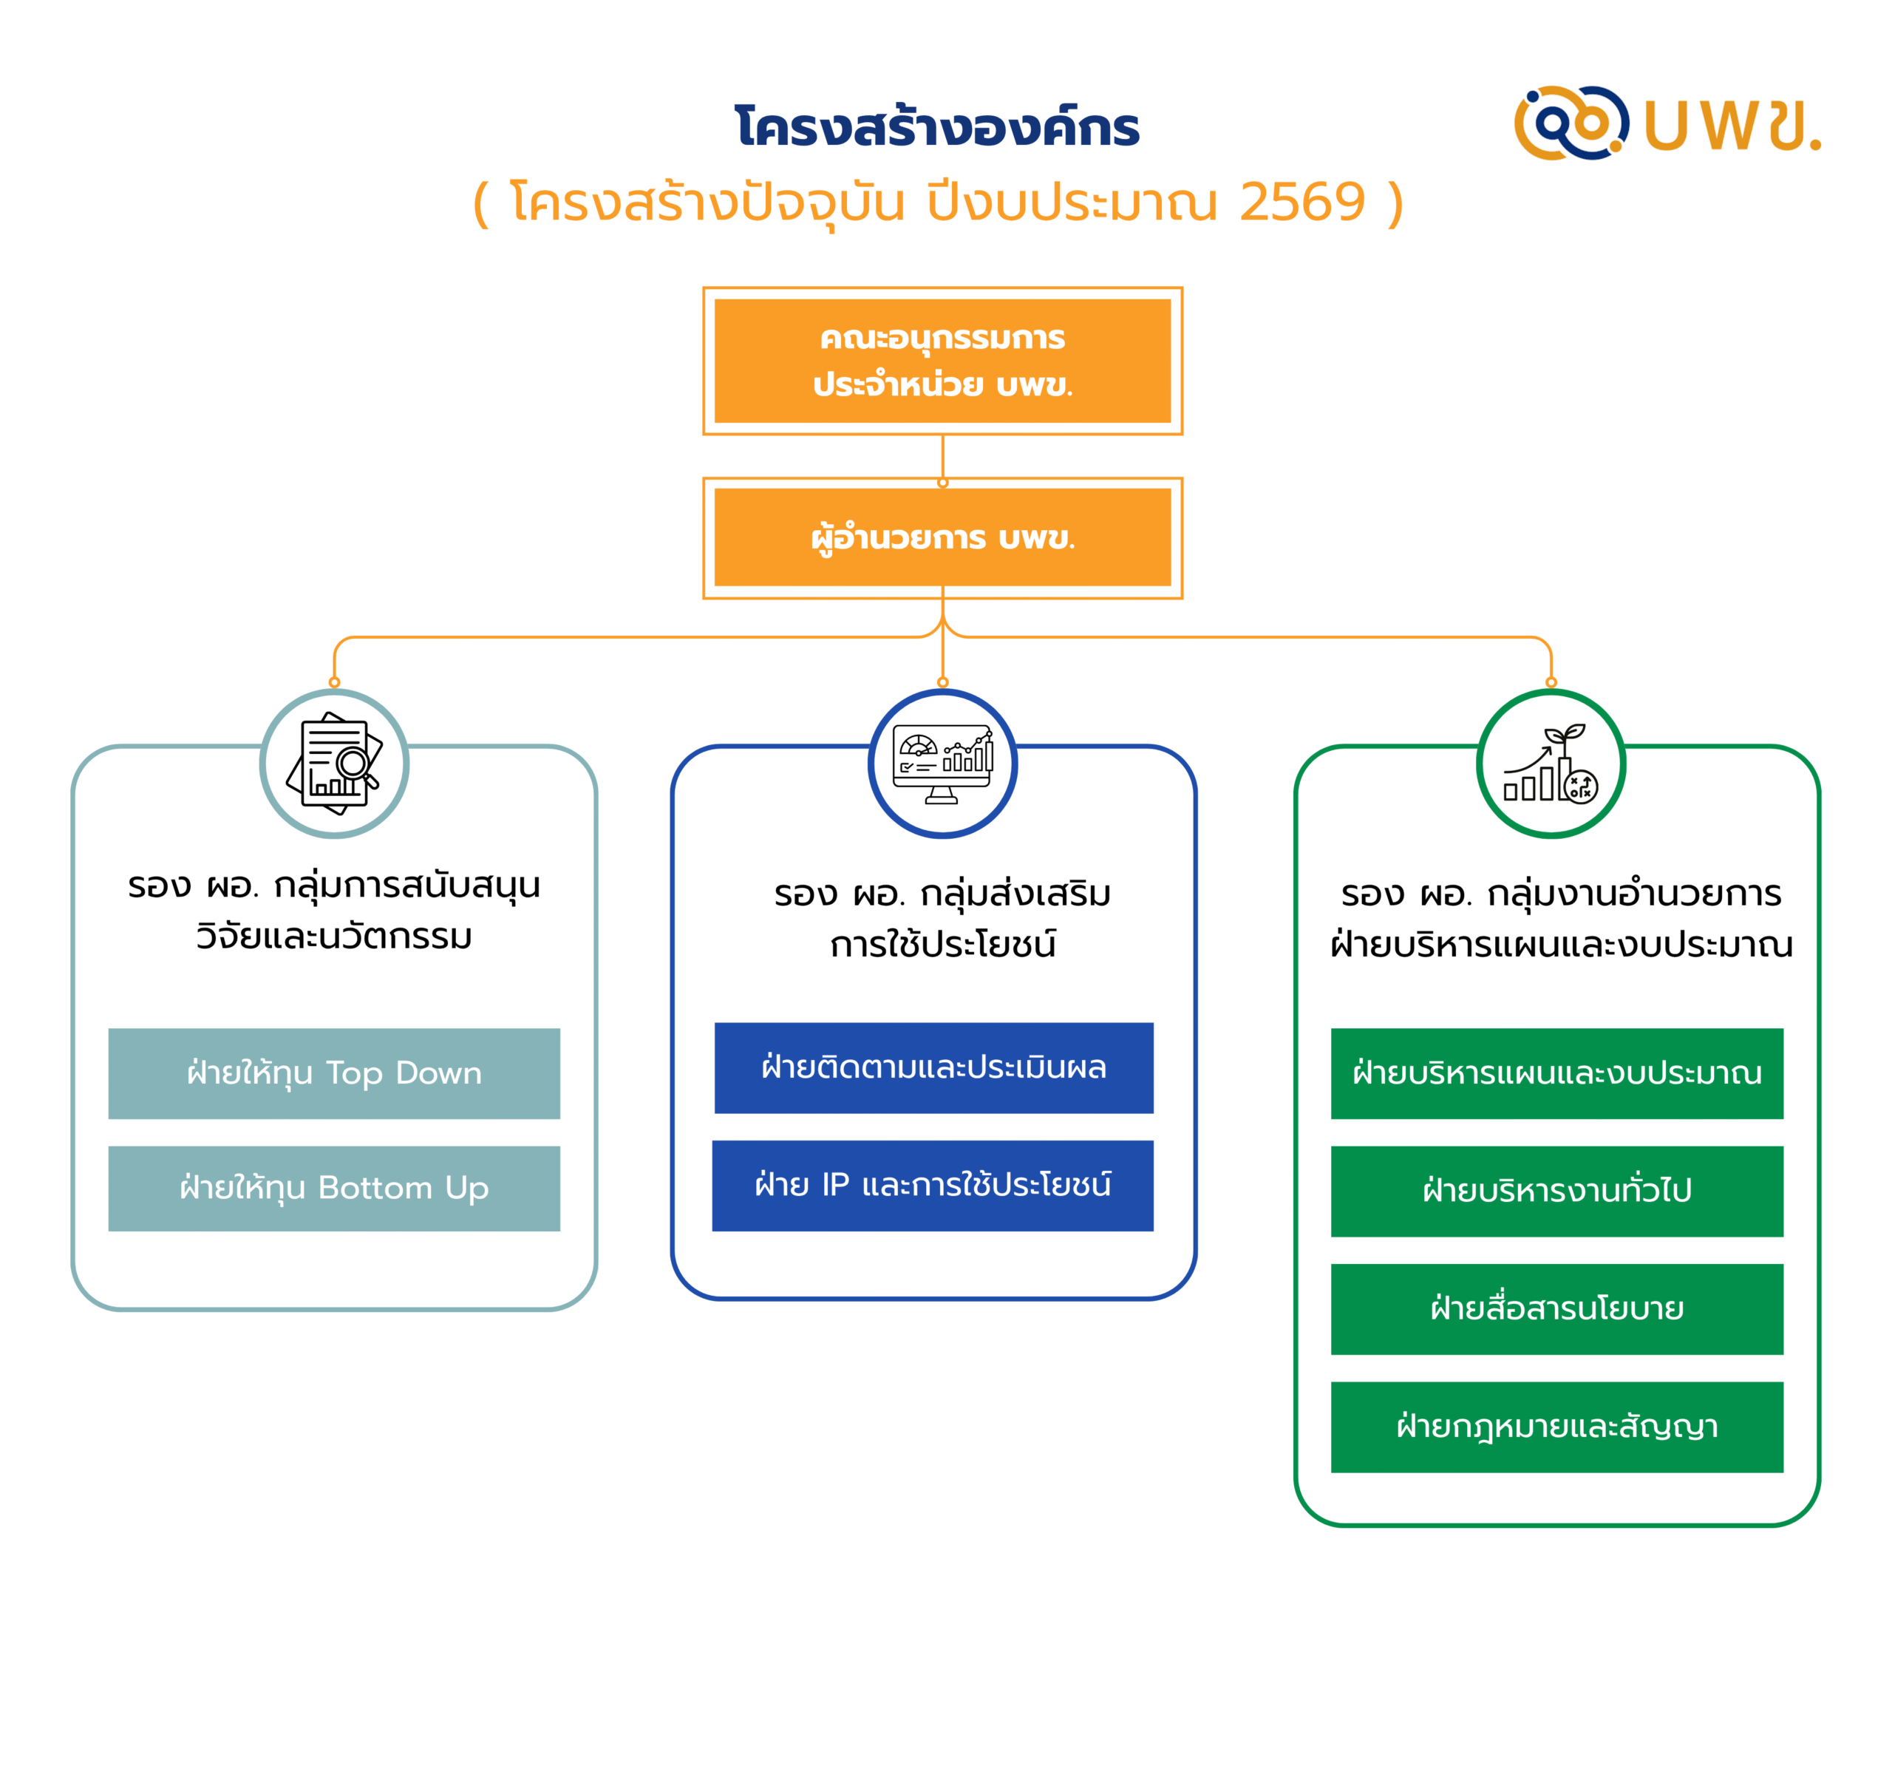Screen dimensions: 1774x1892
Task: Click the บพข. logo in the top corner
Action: pos(1667,123)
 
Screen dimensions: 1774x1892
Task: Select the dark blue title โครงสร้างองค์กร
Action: pos(937,128)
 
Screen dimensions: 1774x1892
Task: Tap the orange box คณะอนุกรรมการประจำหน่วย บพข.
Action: pos(942,361)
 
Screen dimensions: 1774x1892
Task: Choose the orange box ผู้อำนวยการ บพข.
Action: pos(942,537)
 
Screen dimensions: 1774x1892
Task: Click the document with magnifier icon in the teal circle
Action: pos(334,764)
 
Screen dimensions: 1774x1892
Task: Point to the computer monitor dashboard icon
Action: pos(942,764)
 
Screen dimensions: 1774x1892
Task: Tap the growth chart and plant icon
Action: pos(1551,764)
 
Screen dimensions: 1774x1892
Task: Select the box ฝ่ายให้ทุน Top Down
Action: pos(334,1073)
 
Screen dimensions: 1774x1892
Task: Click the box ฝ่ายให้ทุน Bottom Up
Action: pos(334,1188)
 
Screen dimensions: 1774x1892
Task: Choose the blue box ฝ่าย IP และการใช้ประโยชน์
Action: pos(933,1185)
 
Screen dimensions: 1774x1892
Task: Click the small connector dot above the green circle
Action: pos(1551,682)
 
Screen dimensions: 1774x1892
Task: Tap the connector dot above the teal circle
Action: pos(334,682)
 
